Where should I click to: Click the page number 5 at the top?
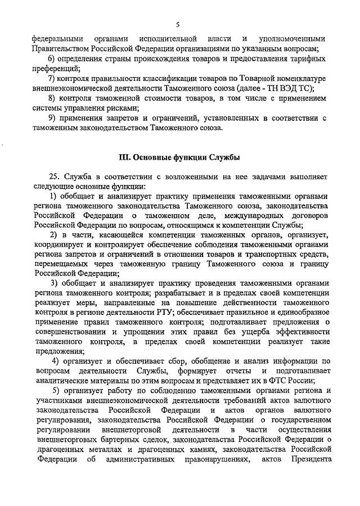[x=177, y=24]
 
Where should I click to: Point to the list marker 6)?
[x=52, y=60]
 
